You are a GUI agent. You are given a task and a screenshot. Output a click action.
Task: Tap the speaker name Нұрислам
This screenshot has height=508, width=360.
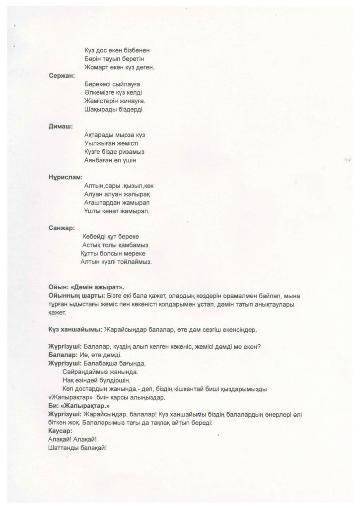tap(66, 177)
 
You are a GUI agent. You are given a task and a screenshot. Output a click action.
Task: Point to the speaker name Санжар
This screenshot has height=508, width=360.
tap(62, 228)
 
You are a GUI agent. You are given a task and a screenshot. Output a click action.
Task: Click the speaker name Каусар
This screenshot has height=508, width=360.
tap(59, 431)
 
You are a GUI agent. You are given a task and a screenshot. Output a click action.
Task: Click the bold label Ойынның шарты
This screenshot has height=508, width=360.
tap(73, 296)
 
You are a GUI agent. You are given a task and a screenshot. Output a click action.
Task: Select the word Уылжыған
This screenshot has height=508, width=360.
tap(100, 143)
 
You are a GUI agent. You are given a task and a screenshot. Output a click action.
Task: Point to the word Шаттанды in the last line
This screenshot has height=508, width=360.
tap(61, 447)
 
